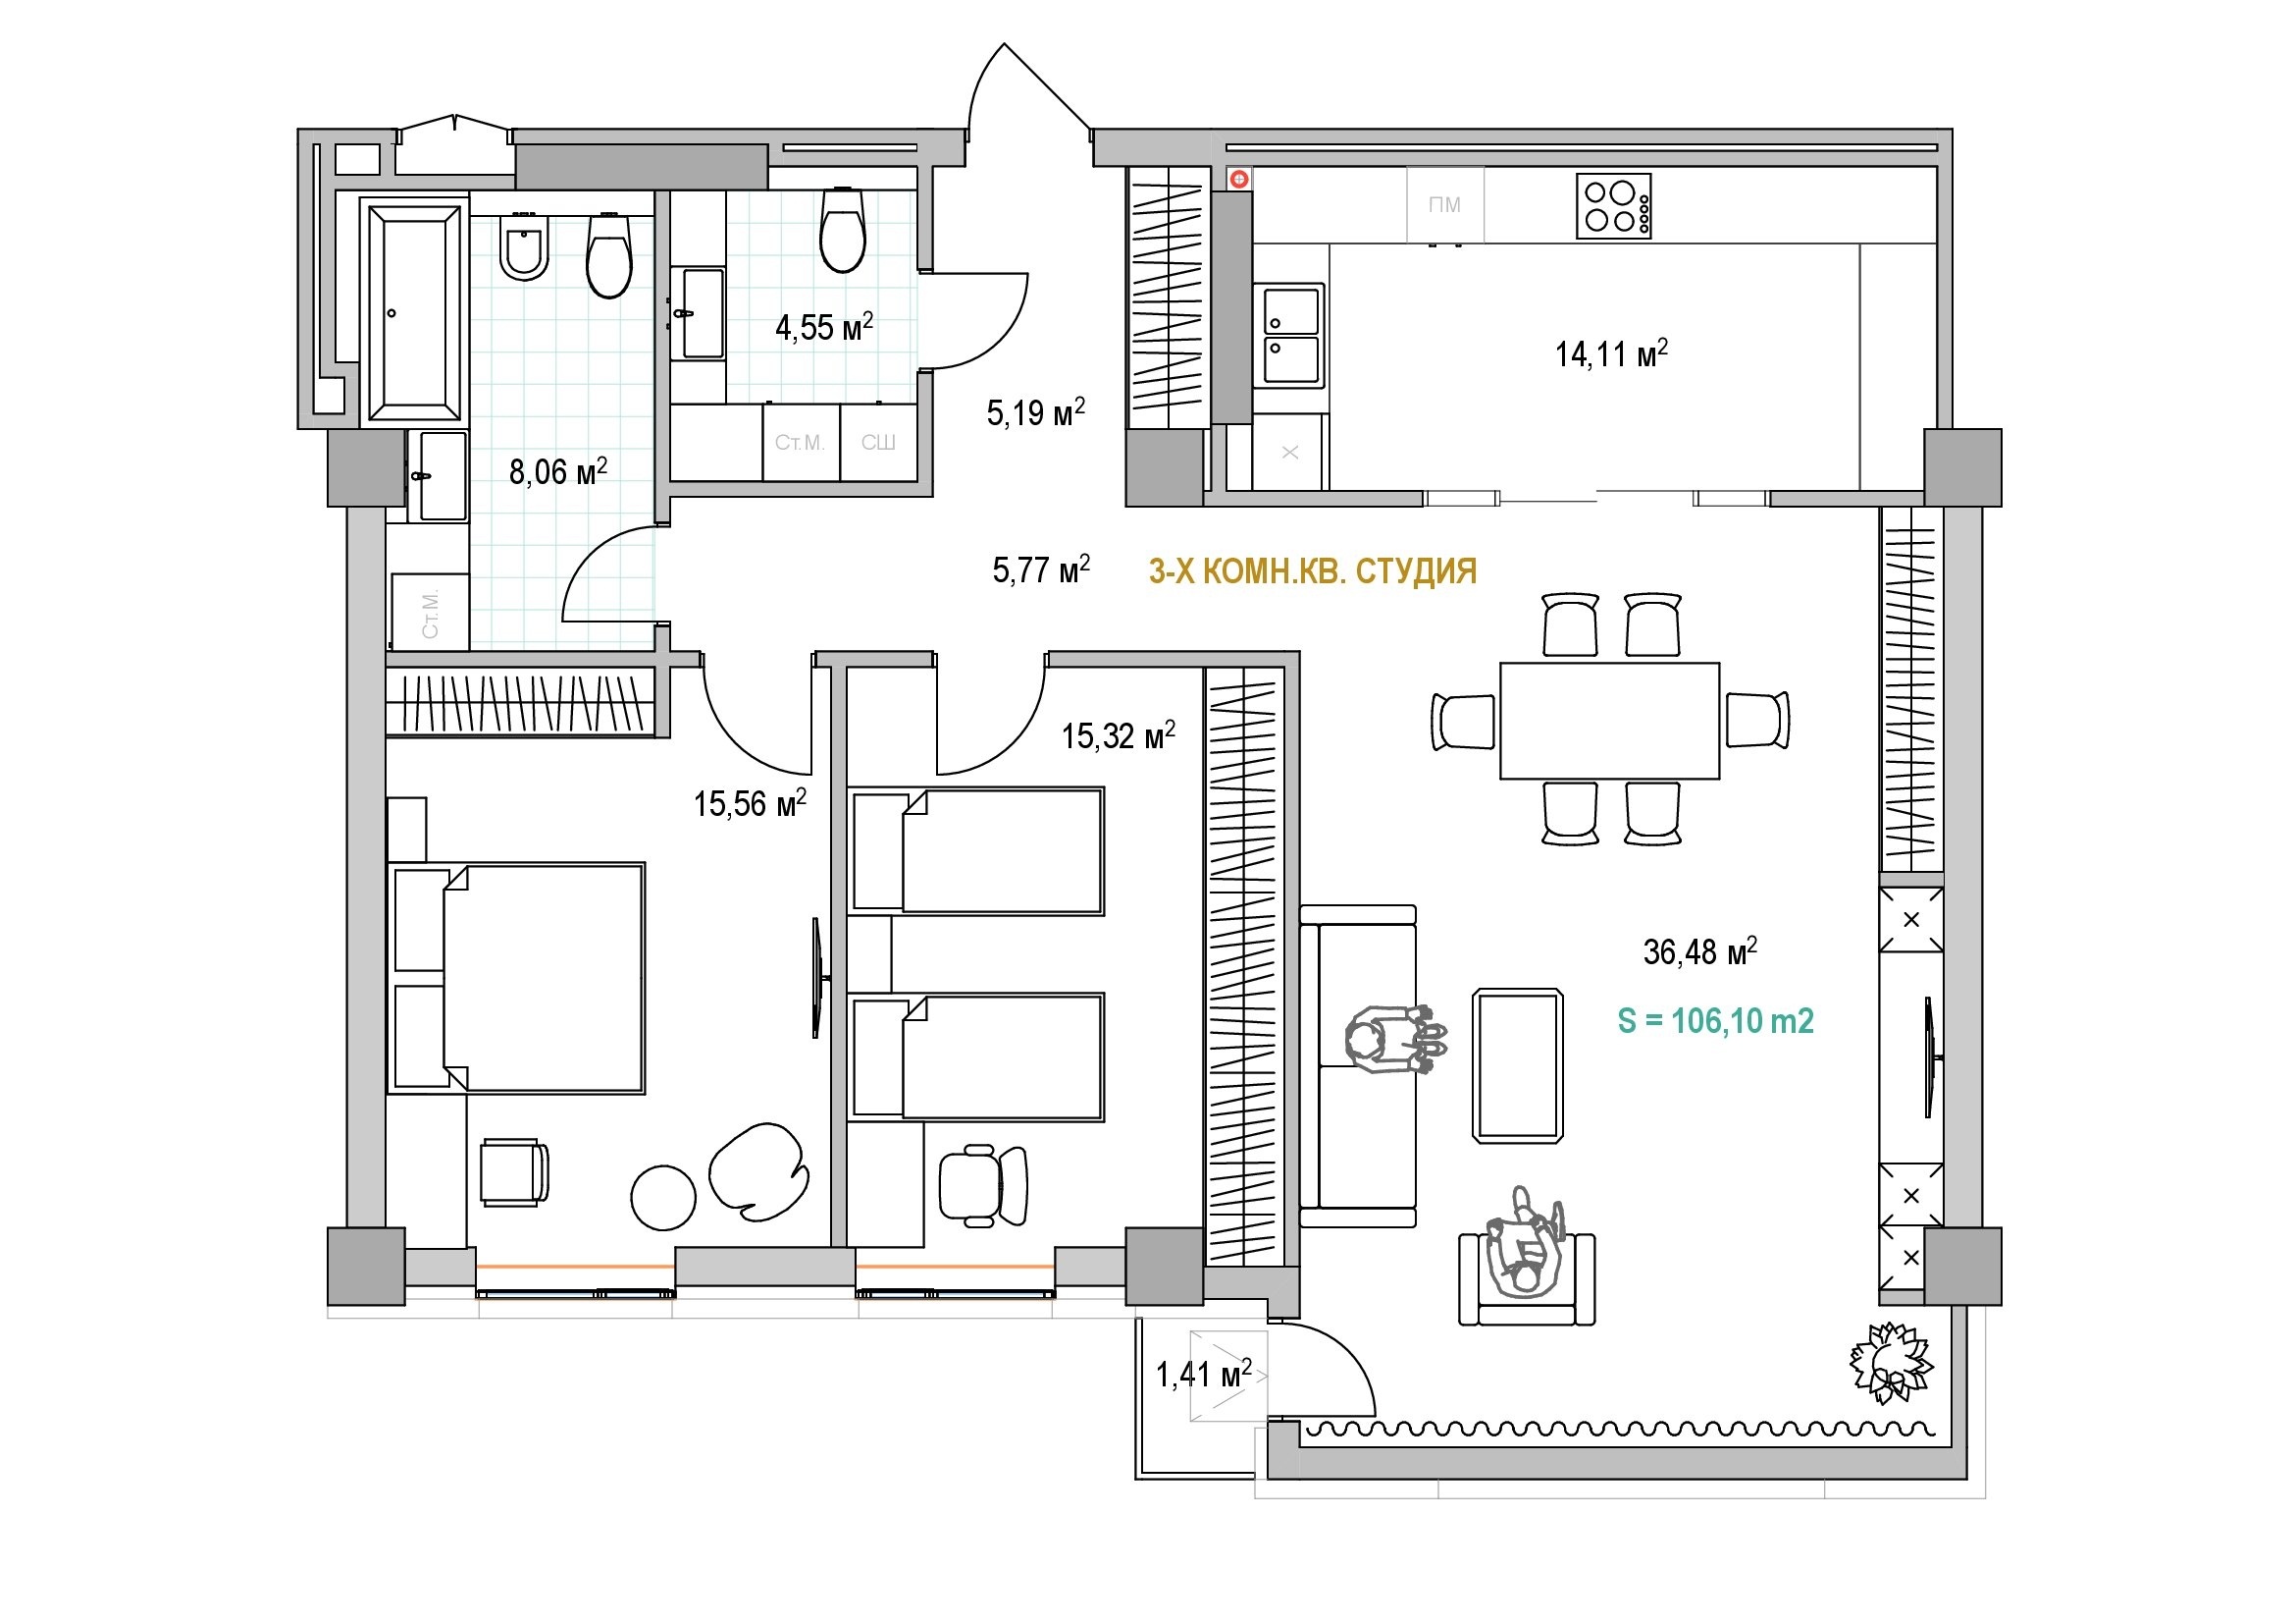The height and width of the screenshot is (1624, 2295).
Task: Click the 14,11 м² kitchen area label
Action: click(x=1610, y=353)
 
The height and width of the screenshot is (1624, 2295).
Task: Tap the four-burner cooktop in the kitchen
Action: click(x=1613, y=206)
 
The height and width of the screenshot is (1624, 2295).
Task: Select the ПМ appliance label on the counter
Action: click(x=1444, y=205)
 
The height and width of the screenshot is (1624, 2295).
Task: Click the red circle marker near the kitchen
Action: click(x=1239, y=179)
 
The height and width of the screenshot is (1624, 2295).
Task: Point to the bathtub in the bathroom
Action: click(x=415, y=311)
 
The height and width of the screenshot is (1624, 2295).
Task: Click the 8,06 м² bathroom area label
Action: click(x=557, y=471)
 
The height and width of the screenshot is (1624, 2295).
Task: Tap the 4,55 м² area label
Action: click(x=824, y=326)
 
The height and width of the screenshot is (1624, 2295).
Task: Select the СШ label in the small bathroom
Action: click(x=877, y=442)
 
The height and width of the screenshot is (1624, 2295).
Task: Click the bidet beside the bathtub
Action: click(x=524, y=246)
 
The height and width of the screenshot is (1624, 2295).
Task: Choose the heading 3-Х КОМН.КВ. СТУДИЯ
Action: click(x=1313, y=571)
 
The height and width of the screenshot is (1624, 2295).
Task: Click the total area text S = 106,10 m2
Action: click(x=1715, y=1021)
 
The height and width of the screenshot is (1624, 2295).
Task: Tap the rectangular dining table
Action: click(x=1609, y=720)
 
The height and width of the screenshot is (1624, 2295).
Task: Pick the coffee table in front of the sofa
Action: click(x=1517, y=1065)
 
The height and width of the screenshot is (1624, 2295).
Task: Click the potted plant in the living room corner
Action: click(x=1890, y=1362)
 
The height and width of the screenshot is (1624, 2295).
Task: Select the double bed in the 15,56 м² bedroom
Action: click(x=516, y=978)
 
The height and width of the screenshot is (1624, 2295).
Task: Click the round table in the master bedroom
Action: click(x=663, y=1198)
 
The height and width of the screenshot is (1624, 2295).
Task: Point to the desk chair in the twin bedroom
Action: click(x=983, y=1185)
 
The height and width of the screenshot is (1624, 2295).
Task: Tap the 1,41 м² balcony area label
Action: click(x=1204, y=1374)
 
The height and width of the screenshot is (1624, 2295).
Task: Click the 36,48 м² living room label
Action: click(x=1700, y=951)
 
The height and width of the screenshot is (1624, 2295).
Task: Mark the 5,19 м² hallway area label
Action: click(x=1035, y=412)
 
